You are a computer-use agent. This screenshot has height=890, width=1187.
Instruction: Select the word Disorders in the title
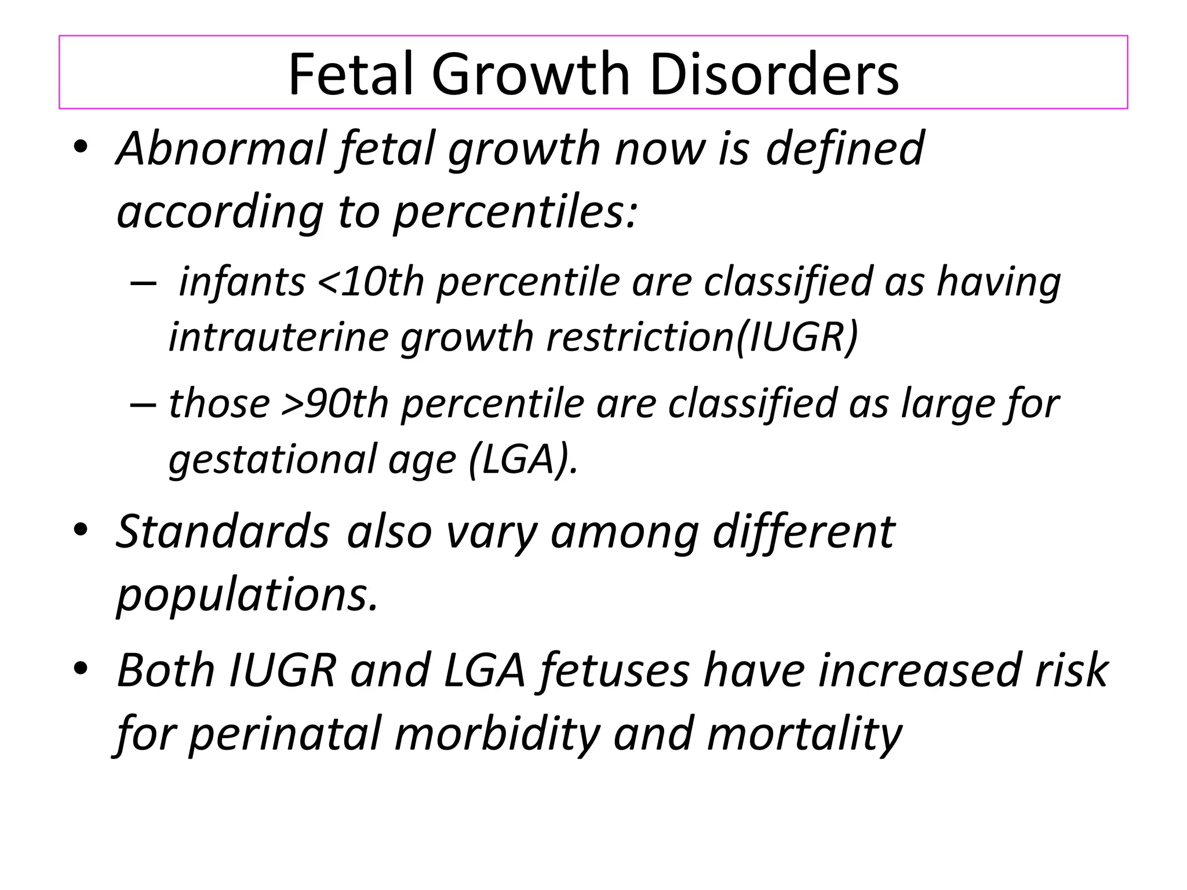[774, 74]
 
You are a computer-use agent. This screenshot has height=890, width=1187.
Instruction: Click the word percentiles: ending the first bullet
[515, 212]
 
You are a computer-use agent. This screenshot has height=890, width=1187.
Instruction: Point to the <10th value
[371, 282]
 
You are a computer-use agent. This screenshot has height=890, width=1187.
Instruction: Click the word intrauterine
[278, 337]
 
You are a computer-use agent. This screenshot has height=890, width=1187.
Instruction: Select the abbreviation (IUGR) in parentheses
[797, 337]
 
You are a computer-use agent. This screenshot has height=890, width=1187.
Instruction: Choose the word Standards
[223, 531]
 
